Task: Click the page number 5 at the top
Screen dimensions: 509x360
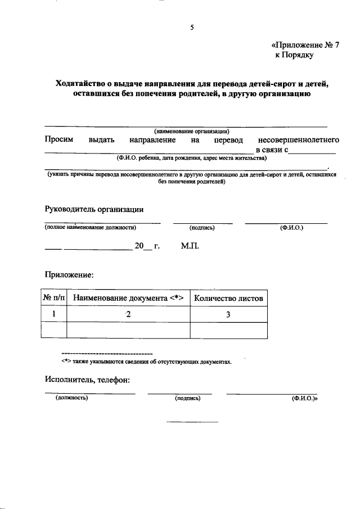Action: tap(192, 28)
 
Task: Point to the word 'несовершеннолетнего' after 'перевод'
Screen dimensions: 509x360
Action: tap(298, 139)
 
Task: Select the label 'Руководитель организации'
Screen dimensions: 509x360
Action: tap(94, 209)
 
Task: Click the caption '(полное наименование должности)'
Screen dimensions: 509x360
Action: tap(91, 227)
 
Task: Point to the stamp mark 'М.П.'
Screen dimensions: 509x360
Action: tap(190, 246)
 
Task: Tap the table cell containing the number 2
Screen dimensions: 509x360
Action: tap(128, 314)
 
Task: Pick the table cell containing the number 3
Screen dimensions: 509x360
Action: tap(228, 314)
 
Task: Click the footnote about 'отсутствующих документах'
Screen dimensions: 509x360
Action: tap(146, 362)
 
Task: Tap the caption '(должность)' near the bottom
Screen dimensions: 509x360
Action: tap(71, 398)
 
